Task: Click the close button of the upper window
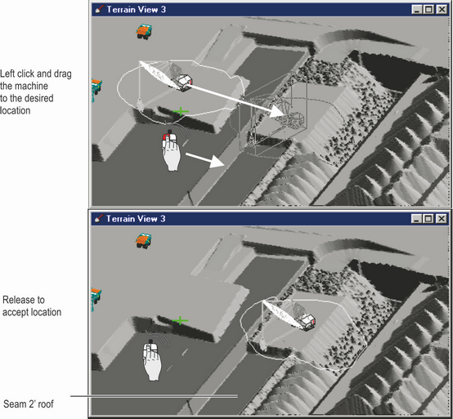click(442, 11)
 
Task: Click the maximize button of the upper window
click(429, 11)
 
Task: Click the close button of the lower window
click(442, 219)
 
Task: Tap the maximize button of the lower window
click(429, 219)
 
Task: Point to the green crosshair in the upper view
click(181, 110)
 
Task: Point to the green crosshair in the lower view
click(181, 319)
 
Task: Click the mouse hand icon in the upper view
click(172, 150)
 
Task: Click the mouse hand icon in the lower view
click(153, 359)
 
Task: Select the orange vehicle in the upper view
click(146, 30)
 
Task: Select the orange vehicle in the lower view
click(146, 239)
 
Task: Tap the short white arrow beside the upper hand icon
click(204, 158)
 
